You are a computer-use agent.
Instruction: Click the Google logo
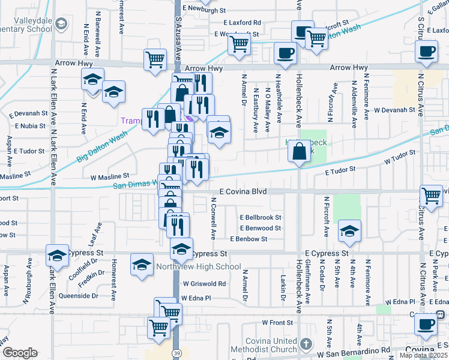coord(19,353)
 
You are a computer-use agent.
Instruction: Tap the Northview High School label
coord(190,267)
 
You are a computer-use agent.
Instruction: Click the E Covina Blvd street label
coord(243,191)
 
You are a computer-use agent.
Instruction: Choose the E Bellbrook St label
coord(261,217)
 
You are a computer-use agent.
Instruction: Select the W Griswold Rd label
coord(205,283)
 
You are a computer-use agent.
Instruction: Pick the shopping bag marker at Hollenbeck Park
coord(299,151)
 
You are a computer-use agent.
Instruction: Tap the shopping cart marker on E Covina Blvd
coord(432,196)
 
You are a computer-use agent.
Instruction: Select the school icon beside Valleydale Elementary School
coord(61,24)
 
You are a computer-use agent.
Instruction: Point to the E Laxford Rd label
coord(242,22)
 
